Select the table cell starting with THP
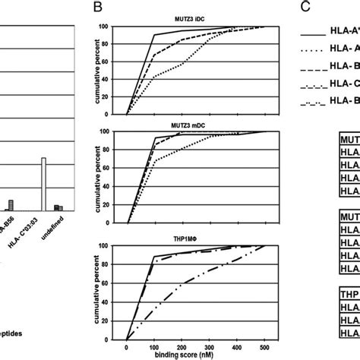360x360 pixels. coord(348,295)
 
